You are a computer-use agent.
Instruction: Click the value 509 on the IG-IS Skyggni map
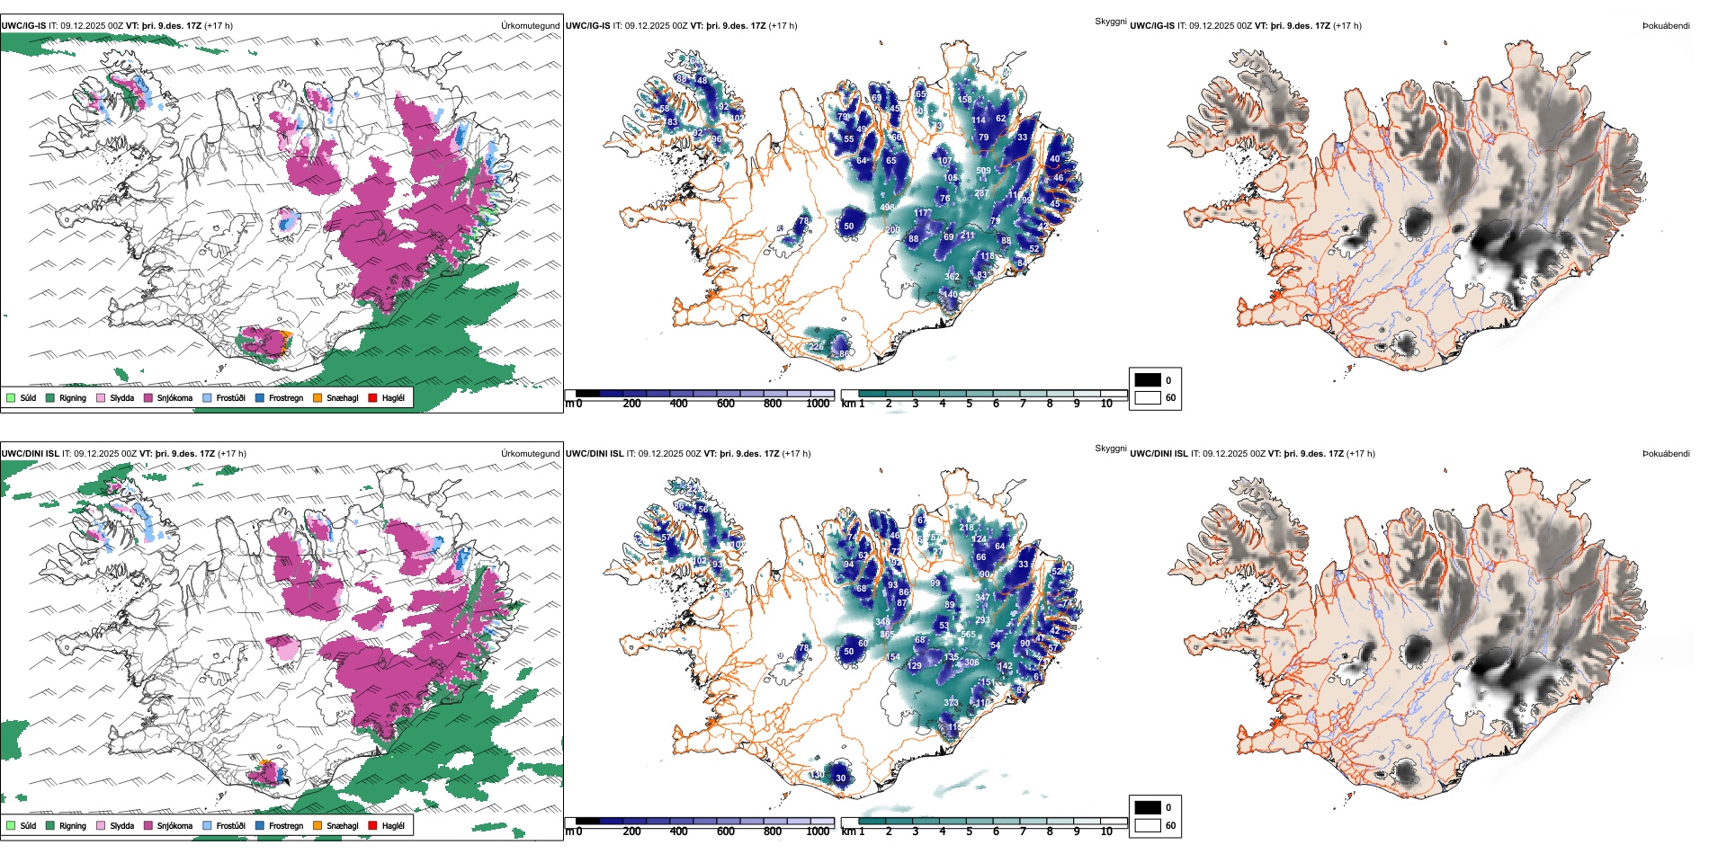983,171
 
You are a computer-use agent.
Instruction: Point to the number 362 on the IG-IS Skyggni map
952,277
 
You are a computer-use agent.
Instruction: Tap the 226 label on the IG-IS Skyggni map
816,346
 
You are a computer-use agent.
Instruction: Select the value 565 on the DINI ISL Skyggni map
968,635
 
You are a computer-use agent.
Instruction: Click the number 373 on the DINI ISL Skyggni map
951,703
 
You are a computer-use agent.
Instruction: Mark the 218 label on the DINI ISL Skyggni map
966,528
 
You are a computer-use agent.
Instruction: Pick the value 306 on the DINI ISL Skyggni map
971,663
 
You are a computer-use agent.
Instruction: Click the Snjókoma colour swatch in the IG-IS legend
148,397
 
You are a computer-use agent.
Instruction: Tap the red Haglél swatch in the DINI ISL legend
373,825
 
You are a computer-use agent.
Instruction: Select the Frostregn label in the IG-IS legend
286,397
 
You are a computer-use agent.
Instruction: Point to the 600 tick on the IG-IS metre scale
725,404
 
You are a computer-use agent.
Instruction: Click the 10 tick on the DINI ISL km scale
1106,832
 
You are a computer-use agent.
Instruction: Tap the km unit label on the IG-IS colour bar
847,404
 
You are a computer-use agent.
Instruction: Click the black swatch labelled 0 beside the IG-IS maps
1148,380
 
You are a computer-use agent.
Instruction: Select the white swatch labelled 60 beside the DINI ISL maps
1148,825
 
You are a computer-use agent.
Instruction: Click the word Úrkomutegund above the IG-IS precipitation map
530,25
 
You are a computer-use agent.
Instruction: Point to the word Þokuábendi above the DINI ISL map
1666,453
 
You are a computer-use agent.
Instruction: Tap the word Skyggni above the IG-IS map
1110,21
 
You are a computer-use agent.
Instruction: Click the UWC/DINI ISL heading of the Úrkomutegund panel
30,453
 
